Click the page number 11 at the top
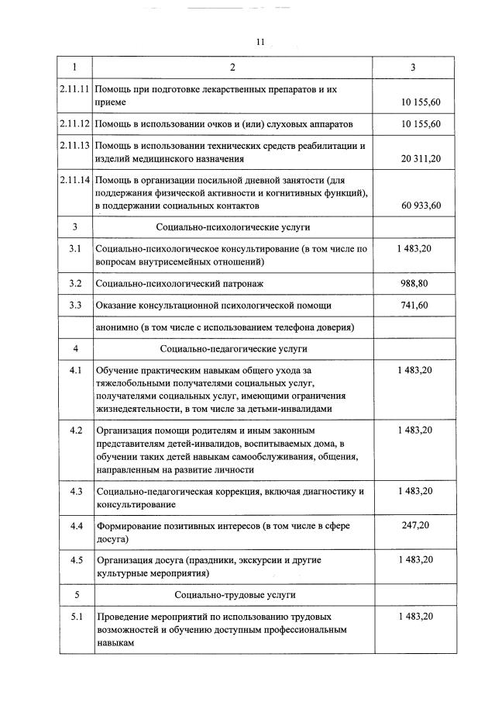pyautogui.click(x=260, y=42)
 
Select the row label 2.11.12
pyautogui.click(x=75, y=124)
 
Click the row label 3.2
pyautogui.click(x=75, y=284)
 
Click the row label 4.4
pyautogui.click(x=75, y=526)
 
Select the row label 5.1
pyautogui.click(x=75, y=616)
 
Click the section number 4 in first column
pyautogui.click(x=75, y=349)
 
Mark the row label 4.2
pyautogui.click(x=75, y=430)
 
